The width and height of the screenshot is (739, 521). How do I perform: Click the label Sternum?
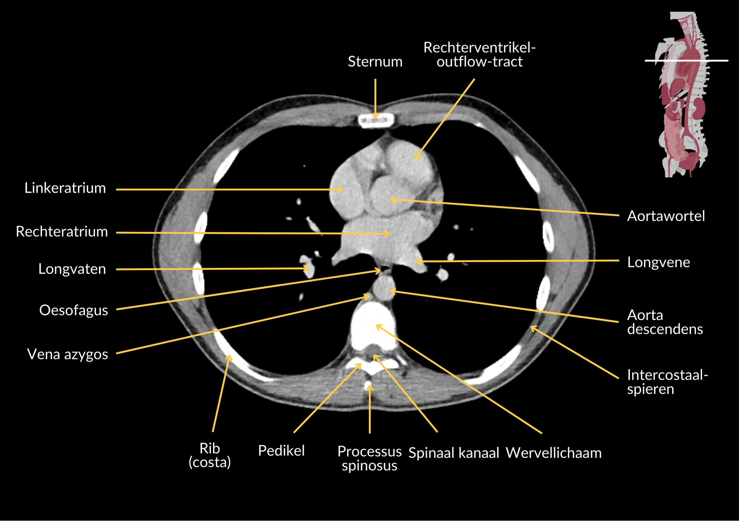point(375,62)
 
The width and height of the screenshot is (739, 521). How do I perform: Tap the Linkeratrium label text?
point(65,188)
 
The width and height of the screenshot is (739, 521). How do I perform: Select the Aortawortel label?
point(666,216)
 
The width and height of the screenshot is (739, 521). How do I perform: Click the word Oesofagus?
point(74,310)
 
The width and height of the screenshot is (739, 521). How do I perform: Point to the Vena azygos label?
point(68,354)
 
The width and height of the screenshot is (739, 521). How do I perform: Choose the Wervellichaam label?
point(554,453)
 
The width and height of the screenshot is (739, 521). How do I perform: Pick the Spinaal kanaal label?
point(454,453)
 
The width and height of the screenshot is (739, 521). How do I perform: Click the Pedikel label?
point(281,451)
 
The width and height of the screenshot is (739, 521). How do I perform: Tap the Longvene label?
point(658,262)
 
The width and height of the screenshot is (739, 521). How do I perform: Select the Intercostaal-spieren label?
point(667,382)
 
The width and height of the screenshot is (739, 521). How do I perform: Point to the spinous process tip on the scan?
point(368,386)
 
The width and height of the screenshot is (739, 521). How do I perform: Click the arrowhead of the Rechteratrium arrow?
point(388,234)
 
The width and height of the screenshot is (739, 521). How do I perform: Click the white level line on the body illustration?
point(686,60)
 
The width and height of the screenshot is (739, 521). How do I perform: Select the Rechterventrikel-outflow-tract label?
point(479,55)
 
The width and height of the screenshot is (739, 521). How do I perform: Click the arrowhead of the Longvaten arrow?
point(306,268)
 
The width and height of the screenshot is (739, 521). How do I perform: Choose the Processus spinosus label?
point(369,459)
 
